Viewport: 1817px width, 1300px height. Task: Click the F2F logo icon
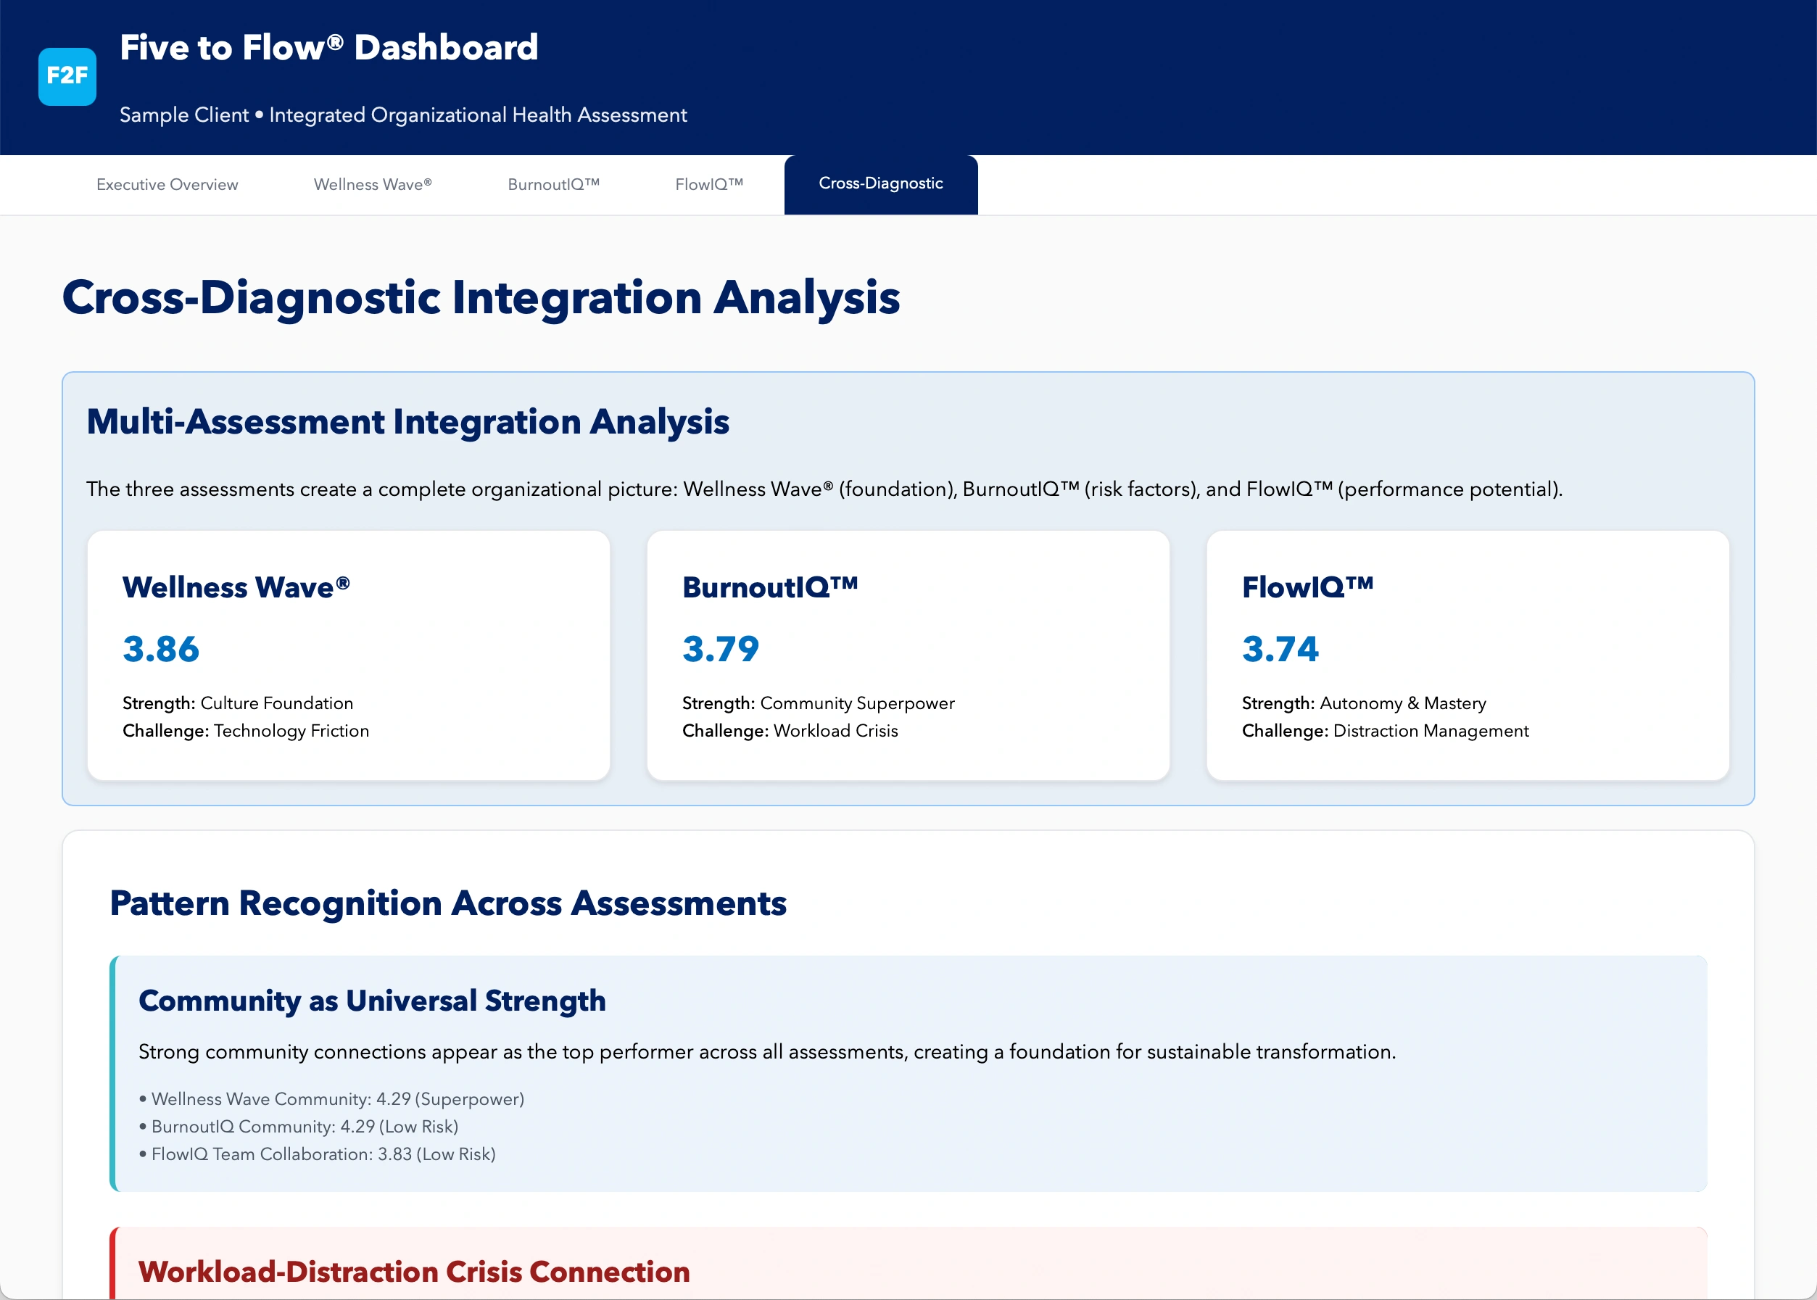pos(67,76)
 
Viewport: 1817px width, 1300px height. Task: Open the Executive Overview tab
pos(167,185)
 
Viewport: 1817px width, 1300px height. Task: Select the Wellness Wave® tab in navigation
pos(373,185)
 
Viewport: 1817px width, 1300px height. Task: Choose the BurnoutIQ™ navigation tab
pos(554,185)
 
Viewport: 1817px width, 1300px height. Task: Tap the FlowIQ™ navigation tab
pos(709,185)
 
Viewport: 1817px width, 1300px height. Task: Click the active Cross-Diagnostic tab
pos(880,184)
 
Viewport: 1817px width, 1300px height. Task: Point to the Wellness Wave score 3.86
pos(161,648)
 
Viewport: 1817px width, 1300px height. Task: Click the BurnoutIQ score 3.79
pos(721,648)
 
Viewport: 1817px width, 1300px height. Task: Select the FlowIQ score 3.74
pos(1280,648)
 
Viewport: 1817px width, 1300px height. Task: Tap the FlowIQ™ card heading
pos(1307,587)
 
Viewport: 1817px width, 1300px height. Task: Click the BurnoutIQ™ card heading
pos(770,587)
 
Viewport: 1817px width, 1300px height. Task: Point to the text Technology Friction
pos(291,731)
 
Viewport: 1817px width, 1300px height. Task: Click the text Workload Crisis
pos(836,731)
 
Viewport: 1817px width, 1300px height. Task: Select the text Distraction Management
pos(1431,731)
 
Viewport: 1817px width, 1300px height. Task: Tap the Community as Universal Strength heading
pos(372,1001)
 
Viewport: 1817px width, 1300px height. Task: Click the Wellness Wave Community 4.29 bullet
pos(331,1099)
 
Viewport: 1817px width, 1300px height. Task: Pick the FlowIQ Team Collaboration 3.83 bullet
pos(317,1154)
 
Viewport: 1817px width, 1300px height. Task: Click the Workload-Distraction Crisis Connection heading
pos(414,1272)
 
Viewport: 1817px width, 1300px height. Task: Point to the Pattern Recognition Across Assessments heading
pos(448,903)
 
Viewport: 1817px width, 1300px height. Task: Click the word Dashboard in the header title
pos(446,47)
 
